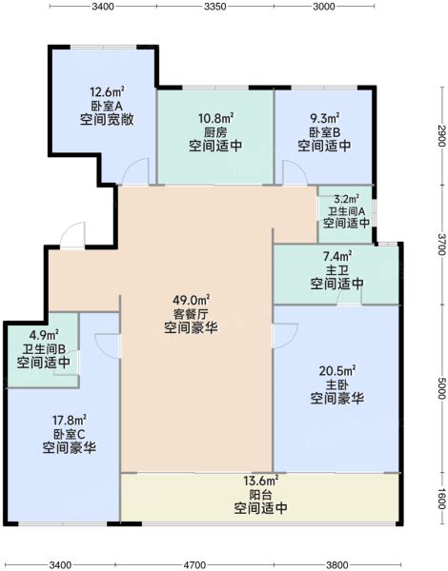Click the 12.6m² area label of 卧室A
[x=107, y=90]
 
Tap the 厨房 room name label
[x=215, y=132]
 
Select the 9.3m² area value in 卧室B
[x=325, y=118]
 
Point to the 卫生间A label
[x=346, y=211]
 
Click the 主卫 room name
[x=336, y=270]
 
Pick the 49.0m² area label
[x=191, y=301]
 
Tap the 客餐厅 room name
[x=191, y=314]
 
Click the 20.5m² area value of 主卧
[x=337, y=371]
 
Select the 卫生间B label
[x=44, y=349]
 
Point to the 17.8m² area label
[x=70, y=421]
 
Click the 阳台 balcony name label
[x=260, y=495]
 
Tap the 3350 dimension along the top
[x=214, y=7]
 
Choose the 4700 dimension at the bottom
[x=194, y=564]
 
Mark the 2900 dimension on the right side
[x=441, y=135]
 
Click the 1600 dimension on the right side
[x=441, y=499]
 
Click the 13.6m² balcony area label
[x=261, y=481]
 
